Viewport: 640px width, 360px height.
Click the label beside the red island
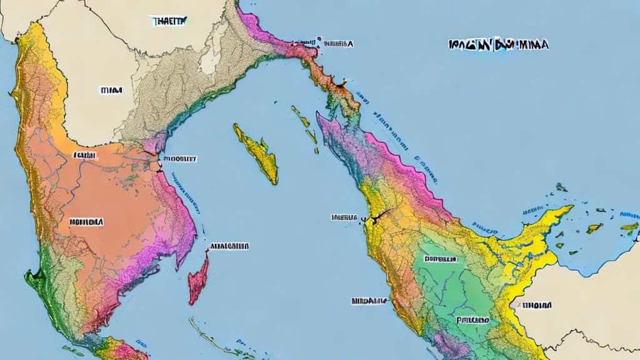click(230, 246)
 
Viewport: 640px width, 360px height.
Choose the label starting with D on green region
click(440, 257)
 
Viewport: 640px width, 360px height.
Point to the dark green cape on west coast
click(32, 273)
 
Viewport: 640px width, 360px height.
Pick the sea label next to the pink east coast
click(180, 159)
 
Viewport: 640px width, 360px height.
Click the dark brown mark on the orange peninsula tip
click(341, 82)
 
